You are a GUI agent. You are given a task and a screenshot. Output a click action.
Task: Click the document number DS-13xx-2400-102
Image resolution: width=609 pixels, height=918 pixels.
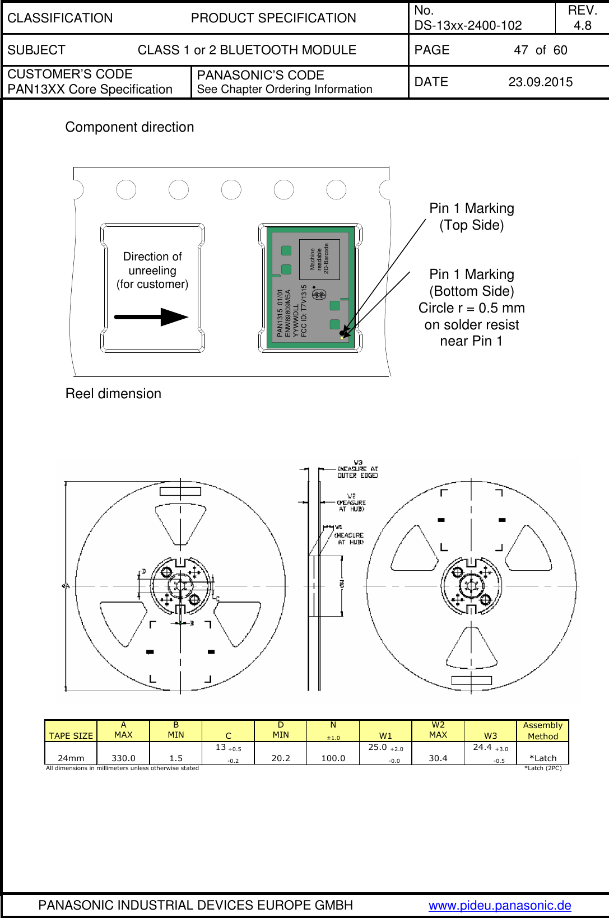coord(468,26)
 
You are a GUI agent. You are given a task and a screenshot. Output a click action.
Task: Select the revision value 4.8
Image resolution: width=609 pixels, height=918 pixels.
coord(582,26)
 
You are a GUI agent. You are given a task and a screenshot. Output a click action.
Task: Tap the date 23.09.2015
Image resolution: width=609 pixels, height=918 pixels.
coord(540,82)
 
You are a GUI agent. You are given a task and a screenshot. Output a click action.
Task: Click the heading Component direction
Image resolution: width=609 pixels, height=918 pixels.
coord(129,127)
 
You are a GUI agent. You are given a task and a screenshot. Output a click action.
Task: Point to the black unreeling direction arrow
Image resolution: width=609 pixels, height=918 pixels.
coord(151,317)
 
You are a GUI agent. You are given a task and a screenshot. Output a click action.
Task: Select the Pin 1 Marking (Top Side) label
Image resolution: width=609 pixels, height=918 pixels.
coord(471,217)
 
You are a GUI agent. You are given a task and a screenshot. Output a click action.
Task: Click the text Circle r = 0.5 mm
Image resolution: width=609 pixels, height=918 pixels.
coord(471,308)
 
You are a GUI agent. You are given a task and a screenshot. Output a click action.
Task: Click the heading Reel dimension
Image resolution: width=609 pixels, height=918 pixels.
coord(113,394)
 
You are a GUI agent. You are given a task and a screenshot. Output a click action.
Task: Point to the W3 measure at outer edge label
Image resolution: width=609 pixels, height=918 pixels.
coord(357,469)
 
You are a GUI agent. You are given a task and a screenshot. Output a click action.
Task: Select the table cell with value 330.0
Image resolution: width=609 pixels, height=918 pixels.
coord(123,758)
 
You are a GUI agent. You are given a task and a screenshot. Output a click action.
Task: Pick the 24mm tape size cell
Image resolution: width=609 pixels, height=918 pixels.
coord(71,758)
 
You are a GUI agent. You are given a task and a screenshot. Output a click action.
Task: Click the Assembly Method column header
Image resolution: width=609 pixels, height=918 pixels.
coord(542,731)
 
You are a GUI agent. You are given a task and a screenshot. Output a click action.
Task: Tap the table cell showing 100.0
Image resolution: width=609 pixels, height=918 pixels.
coord(333,758)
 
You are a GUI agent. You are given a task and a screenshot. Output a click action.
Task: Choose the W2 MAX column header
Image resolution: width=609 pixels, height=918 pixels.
coord(438,730)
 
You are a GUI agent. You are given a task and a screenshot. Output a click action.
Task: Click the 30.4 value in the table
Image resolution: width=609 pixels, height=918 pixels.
coord(438,758)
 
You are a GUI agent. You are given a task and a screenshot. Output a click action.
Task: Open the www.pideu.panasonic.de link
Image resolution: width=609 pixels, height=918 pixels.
coord(500,905)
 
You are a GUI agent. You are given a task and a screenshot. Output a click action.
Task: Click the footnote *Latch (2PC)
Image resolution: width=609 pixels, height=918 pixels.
coord(542,768)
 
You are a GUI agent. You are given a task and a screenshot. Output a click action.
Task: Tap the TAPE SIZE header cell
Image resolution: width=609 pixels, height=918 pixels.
coord(71,735)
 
